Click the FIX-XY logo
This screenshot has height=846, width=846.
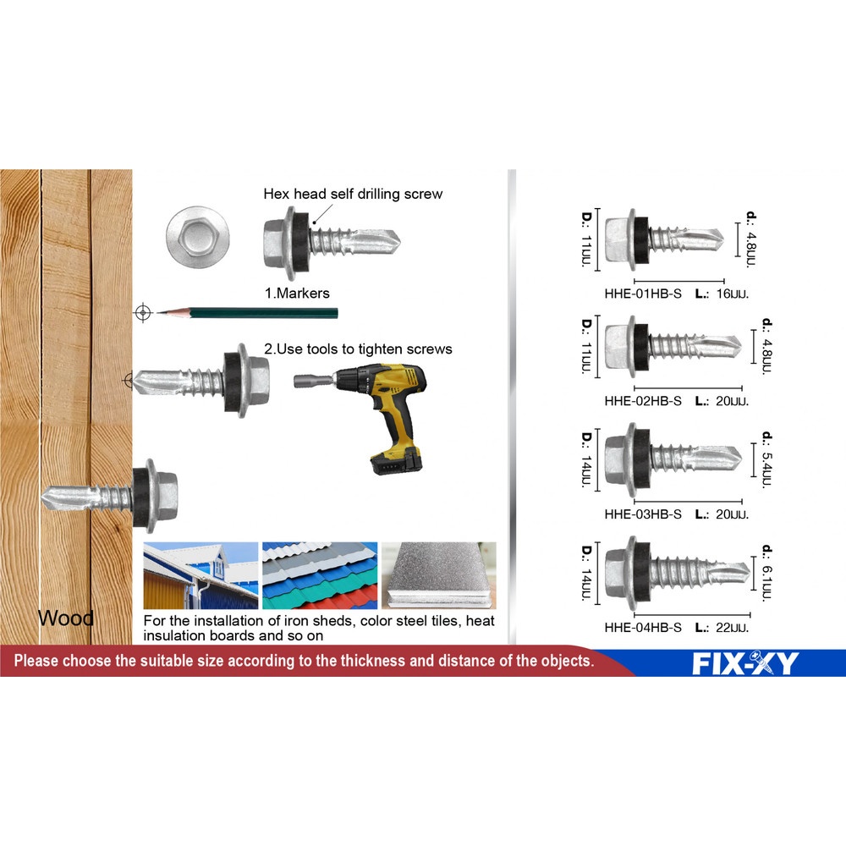745,663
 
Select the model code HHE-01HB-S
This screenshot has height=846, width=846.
643,294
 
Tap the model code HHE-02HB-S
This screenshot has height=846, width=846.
643,401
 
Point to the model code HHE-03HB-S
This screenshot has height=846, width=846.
643,514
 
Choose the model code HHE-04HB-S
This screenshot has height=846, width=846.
643,628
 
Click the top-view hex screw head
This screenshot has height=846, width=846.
197,236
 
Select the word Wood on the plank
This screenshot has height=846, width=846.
66,618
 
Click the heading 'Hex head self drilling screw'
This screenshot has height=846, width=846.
353,195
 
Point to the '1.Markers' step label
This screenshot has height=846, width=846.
297,294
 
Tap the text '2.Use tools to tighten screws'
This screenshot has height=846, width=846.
358,349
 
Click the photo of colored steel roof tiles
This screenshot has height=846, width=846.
320,575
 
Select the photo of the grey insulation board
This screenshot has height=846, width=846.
438,575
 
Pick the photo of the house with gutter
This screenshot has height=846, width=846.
201,575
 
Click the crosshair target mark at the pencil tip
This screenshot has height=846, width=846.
142,312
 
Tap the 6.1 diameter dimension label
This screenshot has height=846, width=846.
767,573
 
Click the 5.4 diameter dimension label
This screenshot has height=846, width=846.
767,459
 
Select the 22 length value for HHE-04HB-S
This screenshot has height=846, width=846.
732,628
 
